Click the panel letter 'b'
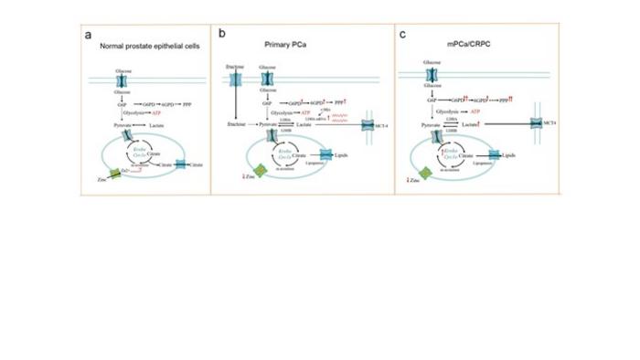click(x=222, y=33)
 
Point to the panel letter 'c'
click(x=403, y=34)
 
